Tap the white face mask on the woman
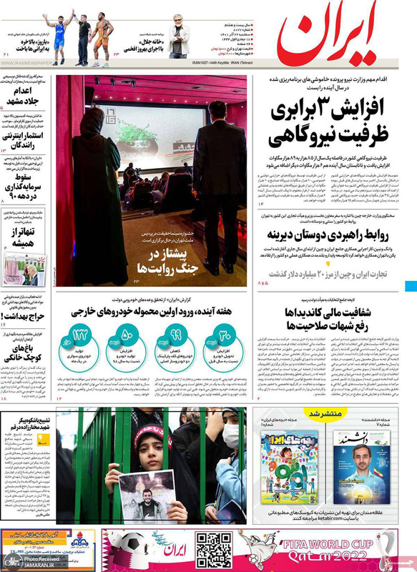[230, 435]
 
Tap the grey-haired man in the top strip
[179, 36]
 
